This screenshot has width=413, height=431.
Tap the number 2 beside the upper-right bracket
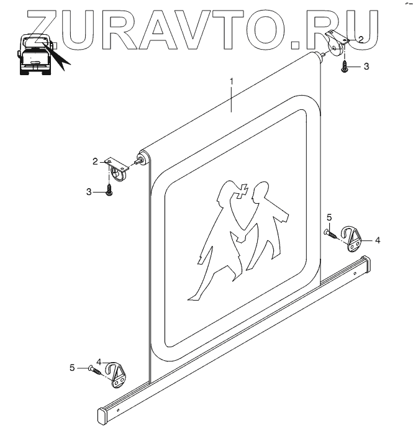(x=361, y=39)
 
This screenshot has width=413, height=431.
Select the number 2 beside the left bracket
(x=95, y=161)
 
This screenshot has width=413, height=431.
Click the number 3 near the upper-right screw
(x=366, y=66)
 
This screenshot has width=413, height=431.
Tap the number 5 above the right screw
(x=329, y=217)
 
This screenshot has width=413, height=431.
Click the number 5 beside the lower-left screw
(x=73, y=368)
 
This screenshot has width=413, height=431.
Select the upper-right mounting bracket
(x=338, y=42)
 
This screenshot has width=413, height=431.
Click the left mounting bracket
(x=117, y=168)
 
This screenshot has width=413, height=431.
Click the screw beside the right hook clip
(x=331, y=234)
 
